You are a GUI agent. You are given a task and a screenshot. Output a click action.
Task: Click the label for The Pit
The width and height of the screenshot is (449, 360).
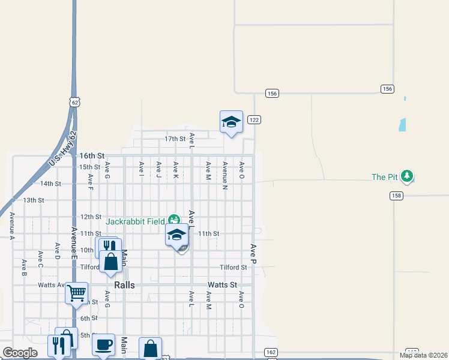point(385,177)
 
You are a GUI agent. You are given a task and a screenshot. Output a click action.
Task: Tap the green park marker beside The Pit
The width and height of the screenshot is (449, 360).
point(408,176)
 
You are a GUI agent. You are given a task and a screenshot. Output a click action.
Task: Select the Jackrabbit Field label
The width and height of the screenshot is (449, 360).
point(136,221)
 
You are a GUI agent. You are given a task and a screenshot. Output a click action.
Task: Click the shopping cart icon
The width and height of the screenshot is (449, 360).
point(77,293)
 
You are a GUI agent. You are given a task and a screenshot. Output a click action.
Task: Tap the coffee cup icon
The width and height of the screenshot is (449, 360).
point(103,345)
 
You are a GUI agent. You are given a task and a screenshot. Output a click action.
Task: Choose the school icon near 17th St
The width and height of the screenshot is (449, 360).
point(231,122)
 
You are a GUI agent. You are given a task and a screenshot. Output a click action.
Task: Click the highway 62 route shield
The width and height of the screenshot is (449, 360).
point(74,102)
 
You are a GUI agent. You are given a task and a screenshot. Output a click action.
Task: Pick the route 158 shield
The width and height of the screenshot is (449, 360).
point(396,196)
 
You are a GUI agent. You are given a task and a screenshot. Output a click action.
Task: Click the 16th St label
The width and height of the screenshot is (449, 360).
point(92,155)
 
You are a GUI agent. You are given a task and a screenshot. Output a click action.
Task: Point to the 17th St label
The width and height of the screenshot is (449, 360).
point(175,139)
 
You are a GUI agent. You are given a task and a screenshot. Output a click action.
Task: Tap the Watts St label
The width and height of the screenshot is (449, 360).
point(223,284)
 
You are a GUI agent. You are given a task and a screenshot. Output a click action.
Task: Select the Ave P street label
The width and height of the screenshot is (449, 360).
point(253,254)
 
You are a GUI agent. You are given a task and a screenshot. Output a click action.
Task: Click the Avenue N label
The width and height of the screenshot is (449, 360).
point(224,175)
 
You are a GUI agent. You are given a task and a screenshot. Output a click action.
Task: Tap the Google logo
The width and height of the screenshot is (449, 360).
point(20,353)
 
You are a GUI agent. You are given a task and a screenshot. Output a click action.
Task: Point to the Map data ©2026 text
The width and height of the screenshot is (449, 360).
point(423,355)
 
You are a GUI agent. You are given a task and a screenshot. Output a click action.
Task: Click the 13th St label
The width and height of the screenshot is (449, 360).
point(34,200)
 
